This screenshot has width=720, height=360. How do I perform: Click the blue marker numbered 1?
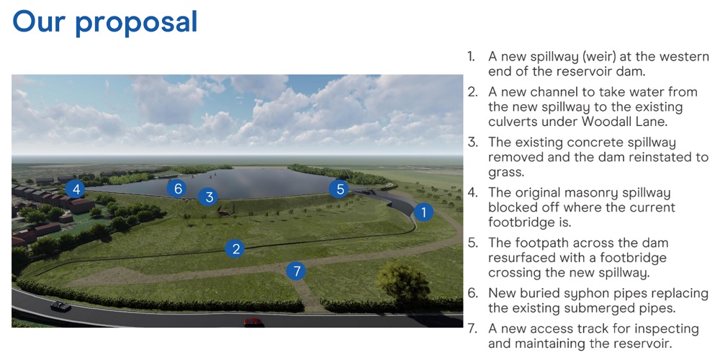point(423,212)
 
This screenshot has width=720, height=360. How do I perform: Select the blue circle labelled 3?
point(209,197)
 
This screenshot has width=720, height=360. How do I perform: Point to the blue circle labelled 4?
point(76,189)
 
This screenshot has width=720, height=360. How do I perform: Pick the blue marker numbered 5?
point(340,189)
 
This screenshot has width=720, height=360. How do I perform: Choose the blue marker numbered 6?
point(178,188)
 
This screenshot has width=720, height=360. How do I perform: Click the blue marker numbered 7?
point(296,271)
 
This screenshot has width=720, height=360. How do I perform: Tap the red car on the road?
point(253,322)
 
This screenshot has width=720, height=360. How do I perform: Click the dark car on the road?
point(60,306)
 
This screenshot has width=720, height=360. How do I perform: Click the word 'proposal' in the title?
point(136,22)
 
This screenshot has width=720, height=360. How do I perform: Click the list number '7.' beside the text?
point(472,329)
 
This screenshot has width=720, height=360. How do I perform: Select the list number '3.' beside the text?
point(472,142)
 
